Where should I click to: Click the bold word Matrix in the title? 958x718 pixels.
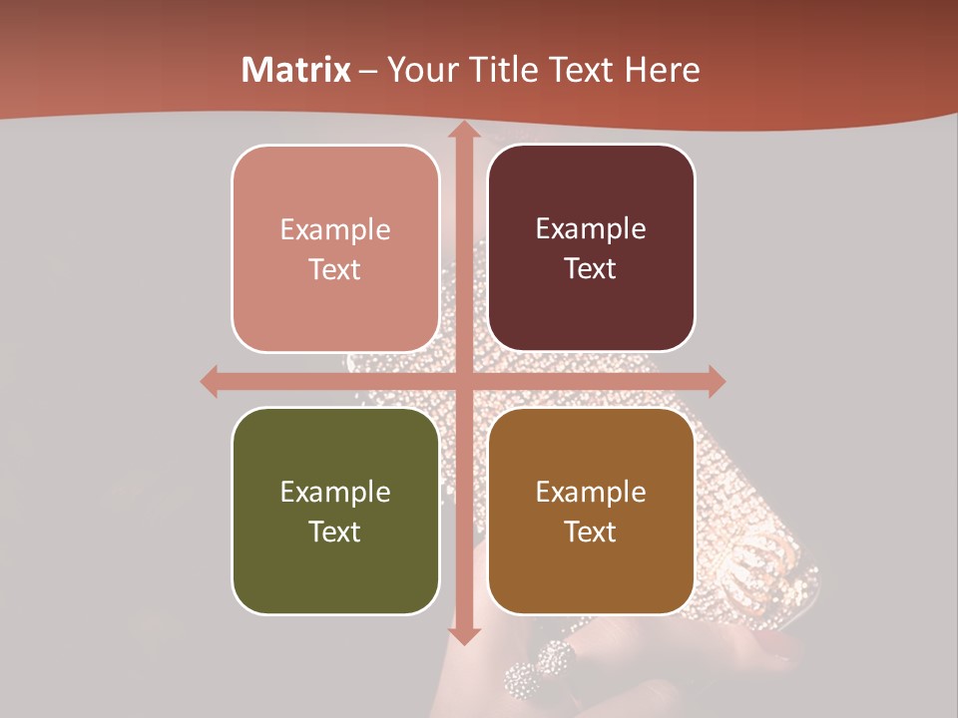[x=296, y=70]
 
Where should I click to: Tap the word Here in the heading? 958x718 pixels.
[x=662, y=70]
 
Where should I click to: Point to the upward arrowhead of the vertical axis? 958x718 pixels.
[x=463, y=130]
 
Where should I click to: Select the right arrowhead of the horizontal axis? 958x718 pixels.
[x=716, y=381]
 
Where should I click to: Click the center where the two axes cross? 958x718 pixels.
[x=463, y=381]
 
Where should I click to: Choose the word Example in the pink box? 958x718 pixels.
[x=335, y=229]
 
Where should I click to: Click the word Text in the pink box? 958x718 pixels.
[x=335, y=269]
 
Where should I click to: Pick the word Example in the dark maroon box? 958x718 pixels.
[x=591, y=228]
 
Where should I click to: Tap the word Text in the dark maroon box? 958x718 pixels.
[x=591, y=268]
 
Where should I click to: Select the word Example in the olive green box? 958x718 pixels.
[x=335, y=492]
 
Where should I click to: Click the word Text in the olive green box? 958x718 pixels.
[x=335, y=532]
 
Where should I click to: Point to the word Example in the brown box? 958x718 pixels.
[x=591, y=492]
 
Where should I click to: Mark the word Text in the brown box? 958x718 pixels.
[x=591, y=532]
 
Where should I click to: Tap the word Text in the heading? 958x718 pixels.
[x=578, y=70]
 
